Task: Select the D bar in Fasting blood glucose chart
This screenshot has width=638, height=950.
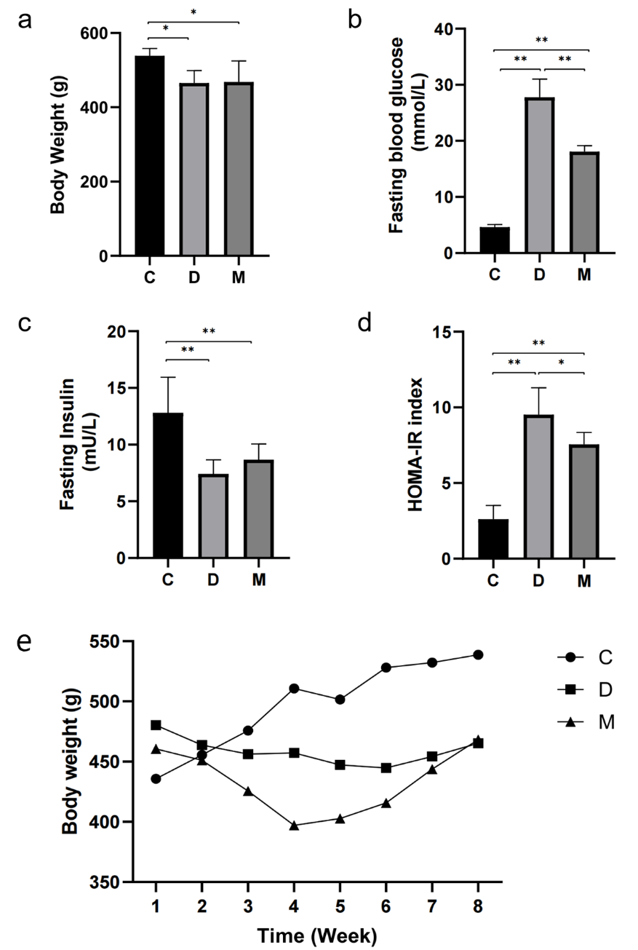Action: coord(538,175)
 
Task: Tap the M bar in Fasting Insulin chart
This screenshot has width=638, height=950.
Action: coord(253,509)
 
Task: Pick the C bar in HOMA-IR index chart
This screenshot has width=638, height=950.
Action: coord(494,538)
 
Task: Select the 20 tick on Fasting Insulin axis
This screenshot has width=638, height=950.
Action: coord(132,332)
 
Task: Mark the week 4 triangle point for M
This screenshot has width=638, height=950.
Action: coord(294,826)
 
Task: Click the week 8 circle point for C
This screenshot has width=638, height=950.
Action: coord(478,654)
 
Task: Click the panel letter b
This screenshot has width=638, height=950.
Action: coord(355,20)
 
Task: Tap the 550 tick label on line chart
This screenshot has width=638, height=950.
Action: coord(106,641)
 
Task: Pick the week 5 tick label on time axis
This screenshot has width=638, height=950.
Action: coord(340,905)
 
